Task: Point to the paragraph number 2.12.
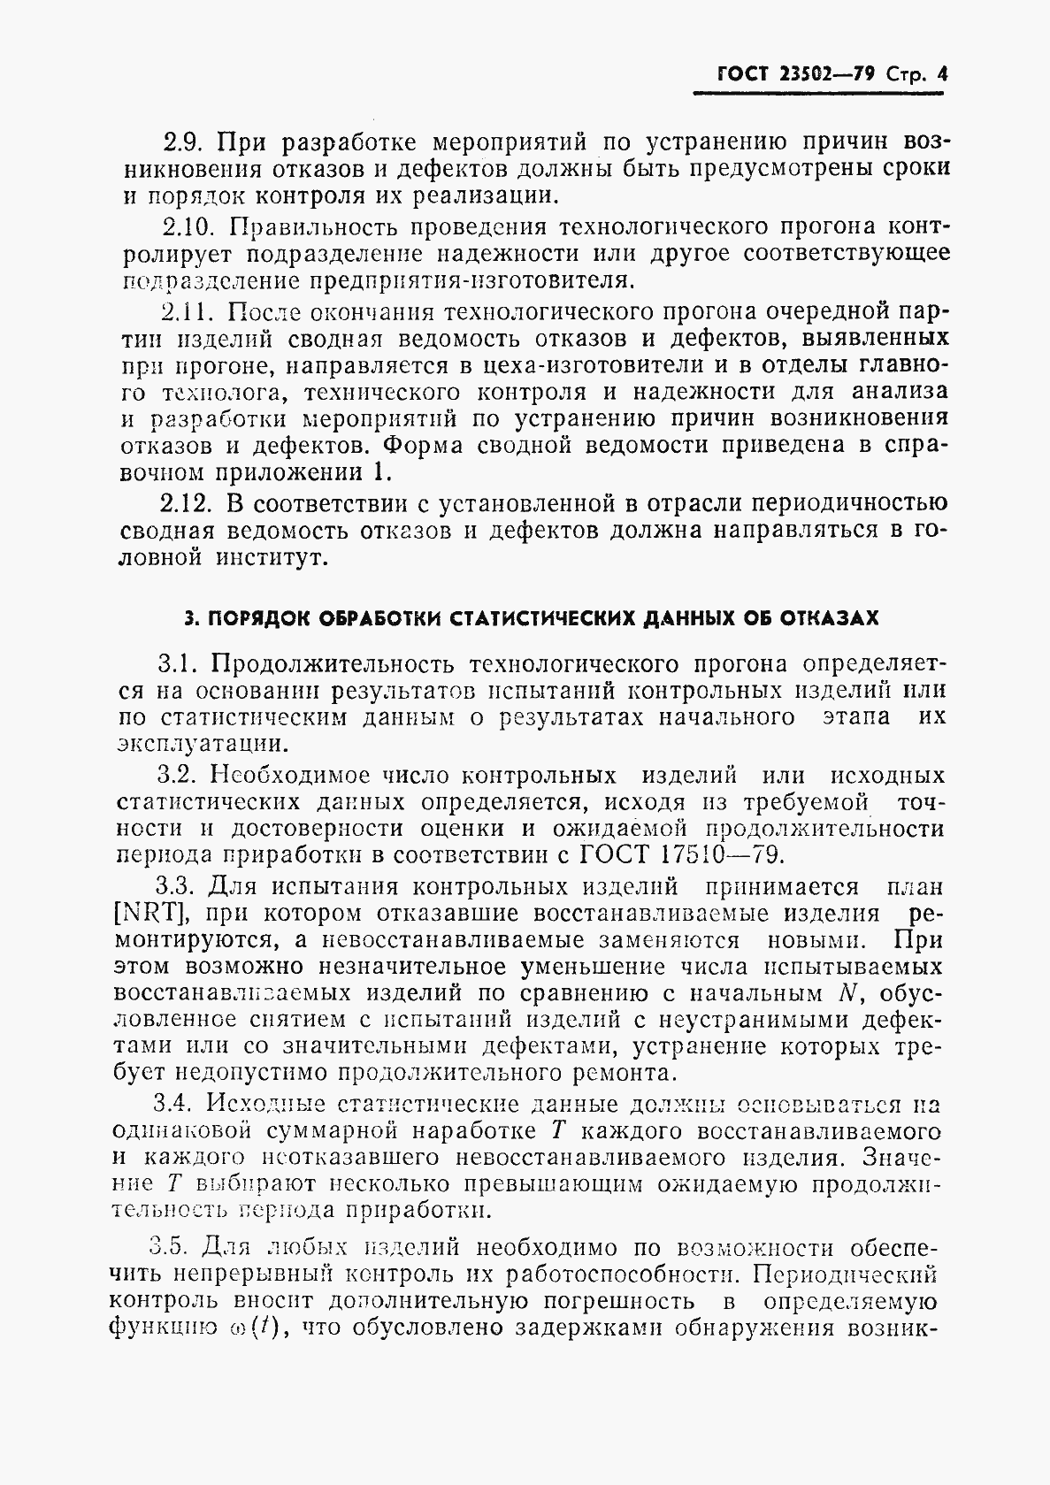[187, 504]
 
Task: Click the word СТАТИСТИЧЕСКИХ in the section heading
[541, 618]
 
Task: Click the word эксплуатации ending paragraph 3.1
[200, 744]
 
